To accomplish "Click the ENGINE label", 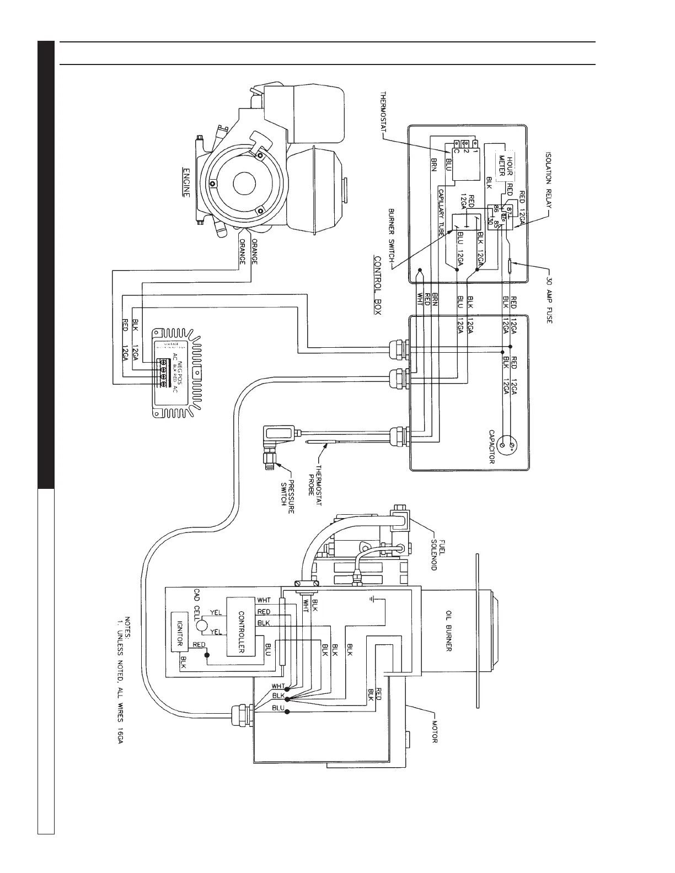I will [186, 183].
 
